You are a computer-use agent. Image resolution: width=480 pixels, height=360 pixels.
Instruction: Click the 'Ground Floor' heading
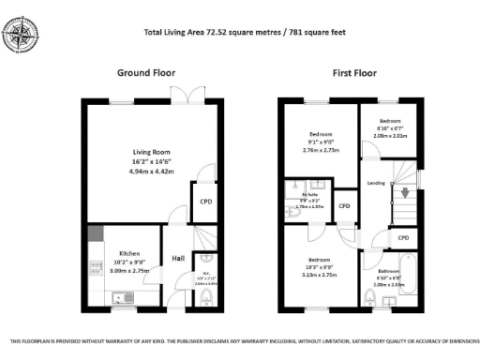click(145, 72)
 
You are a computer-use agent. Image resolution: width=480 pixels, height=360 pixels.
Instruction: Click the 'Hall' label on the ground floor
click(177, 260)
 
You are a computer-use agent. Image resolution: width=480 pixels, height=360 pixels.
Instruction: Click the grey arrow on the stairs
click(405, 195)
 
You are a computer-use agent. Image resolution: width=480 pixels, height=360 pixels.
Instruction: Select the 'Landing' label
click(375, 183)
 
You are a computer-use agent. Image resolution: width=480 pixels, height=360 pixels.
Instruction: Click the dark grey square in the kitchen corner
click(95, 232)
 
